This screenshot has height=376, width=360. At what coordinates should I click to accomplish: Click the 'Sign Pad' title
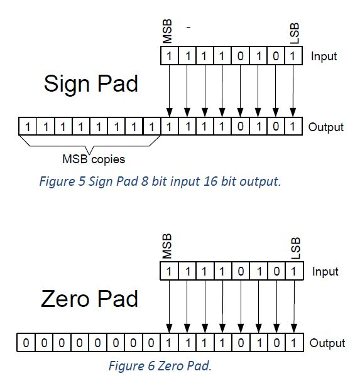tap(91, 83)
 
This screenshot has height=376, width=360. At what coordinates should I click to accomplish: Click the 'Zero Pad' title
tap(89, 298)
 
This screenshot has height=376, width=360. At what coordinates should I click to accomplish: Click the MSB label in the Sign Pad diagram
tap(167, 31)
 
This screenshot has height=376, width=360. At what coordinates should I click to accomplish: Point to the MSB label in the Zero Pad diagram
tap(167, 247)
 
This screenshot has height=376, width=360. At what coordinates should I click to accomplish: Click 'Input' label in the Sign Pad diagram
tap(324, 56)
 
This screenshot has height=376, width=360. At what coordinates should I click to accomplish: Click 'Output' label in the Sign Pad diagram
tap(325, 127)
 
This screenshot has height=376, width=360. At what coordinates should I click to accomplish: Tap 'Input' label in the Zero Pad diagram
tap(325, 272)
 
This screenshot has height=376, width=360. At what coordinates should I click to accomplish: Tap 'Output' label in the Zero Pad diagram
tap(327, 343)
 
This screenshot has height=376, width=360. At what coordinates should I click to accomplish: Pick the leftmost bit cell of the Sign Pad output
tap(27, 127)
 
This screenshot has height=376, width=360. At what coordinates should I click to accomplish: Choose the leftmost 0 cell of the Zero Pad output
tap(25, 343)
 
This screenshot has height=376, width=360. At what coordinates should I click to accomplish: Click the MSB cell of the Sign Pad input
tap(168, 56)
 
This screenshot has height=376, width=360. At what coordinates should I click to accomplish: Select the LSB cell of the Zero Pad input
tap(292, 272)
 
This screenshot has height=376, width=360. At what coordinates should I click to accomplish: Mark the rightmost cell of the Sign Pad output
tap(292, 127)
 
